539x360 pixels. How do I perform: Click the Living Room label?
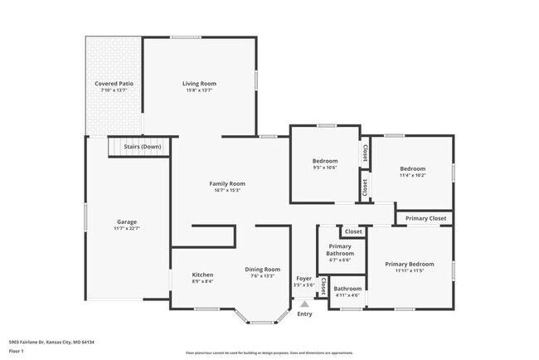pos(199,83)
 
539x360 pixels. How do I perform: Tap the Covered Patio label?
pos(114,84)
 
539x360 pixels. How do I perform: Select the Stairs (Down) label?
pos(142,147)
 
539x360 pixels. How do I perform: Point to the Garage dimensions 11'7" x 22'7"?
pos(127,229)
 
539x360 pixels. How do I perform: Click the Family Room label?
pos(226,183)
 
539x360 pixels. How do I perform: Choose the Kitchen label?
pos(203,275)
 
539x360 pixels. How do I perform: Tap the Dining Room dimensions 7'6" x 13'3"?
pos(262,276)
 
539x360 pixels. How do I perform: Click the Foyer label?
pos(304,278)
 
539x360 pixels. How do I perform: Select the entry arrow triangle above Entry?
pos(304,304)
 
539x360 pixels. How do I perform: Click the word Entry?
pos(304,314)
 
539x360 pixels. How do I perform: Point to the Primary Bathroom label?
pos(340,250)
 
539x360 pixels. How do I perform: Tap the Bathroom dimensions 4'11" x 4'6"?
pos(347,295)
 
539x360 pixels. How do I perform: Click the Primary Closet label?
pos(426,219)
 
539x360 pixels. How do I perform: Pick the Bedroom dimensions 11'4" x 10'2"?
pos(412,175)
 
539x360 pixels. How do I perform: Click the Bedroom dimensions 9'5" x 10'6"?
pos(324,168)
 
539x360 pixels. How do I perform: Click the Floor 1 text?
pos(17,351)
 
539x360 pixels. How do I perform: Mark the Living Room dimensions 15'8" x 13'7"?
pos(199,90)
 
